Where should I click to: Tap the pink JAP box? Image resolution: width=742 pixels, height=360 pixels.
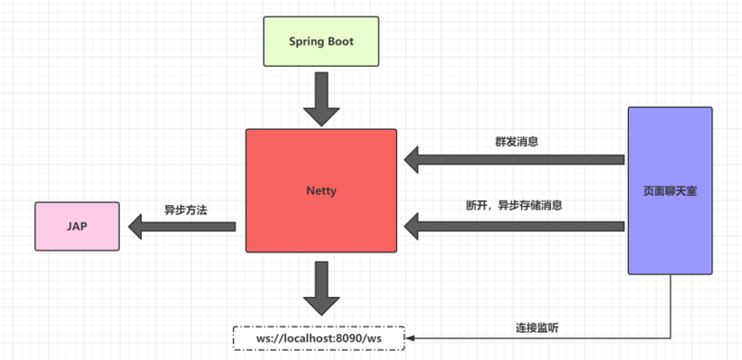point(78,225)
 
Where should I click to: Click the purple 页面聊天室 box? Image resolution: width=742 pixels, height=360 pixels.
point(671,190)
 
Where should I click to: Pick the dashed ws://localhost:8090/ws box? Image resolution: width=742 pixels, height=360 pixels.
point(319,339)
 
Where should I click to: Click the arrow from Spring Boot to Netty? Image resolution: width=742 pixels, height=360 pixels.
point(321,97)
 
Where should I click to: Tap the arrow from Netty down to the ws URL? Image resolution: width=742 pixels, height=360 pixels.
point(321,288)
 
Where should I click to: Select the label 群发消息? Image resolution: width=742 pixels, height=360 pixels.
point(517,142)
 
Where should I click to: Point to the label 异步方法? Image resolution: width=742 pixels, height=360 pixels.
point(185,210)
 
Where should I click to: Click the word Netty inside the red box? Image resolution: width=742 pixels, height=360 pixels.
point(321,191)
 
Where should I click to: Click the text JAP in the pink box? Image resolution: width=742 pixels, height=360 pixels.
point(78,225)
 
